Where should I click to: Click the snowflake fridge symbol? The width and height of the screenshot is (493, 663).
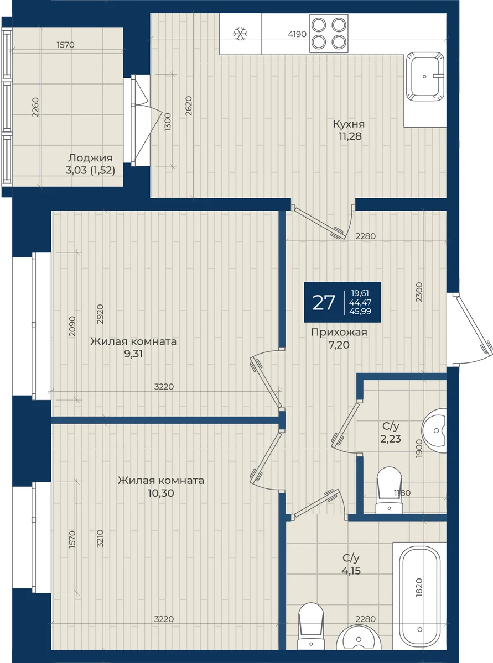pyautogui.click(x=240, y=34)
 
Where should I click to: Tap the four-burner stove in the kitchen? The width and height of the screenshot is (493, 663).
pyautogui.click(x=329, y=34)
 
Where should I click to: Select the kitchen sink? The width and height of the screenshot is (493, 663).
pyautogui.click(x=425, y=77)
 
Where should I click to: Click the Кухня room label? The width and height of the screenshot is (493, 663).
pyautogui.click(x=349, y=124)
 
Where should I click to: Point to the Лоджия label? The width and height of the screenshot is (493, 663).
pyautogui.click(x=86, y=158)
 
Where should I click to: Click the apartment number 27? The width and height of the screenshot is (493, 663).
pyautogui.click(x=323, y=303)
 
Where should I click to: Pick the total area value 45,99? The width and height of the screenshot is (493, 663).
pyautogui.click(x=360, y=311)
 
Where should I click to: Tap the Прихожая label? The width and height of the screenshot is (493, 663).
pyautogui.click(x=339, y=332)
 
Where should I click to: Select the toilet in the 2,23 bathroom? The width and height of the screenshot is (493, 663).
pyautogui.click(x=389, y=490)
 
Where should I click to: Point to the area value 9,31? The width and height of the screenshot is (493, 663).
pyautogui.click(x=133, y=354)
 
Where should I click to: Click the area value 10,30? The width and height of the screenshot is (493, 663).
pyautogui.click(x=161, y=493)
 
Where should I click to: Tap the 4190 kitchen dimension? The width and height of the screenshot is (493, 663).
pyautogui.click(x=297, y=34)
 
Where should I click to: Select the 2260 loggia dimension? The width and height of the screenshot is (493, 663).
pyautogui.click(x=35, y=107)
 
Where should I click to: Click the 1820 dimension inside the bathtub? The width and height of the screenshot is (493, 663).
pyautogui.click(x=419, y=587)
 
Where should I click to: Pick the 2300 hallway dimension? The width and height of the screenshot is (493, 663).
pyautogui.click(x=419, y=292)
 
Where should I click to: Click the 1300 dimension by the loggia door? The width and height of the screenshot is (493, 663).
pyautogui.click(x=168, y=122)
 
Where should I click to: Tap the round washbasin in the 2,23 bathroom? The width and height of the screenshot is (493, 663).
pyautogui.click(x=434, y=431)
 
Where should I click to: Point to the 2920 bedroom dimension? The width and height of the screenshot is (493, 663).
pyautogui.click(x=100, y=314)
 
